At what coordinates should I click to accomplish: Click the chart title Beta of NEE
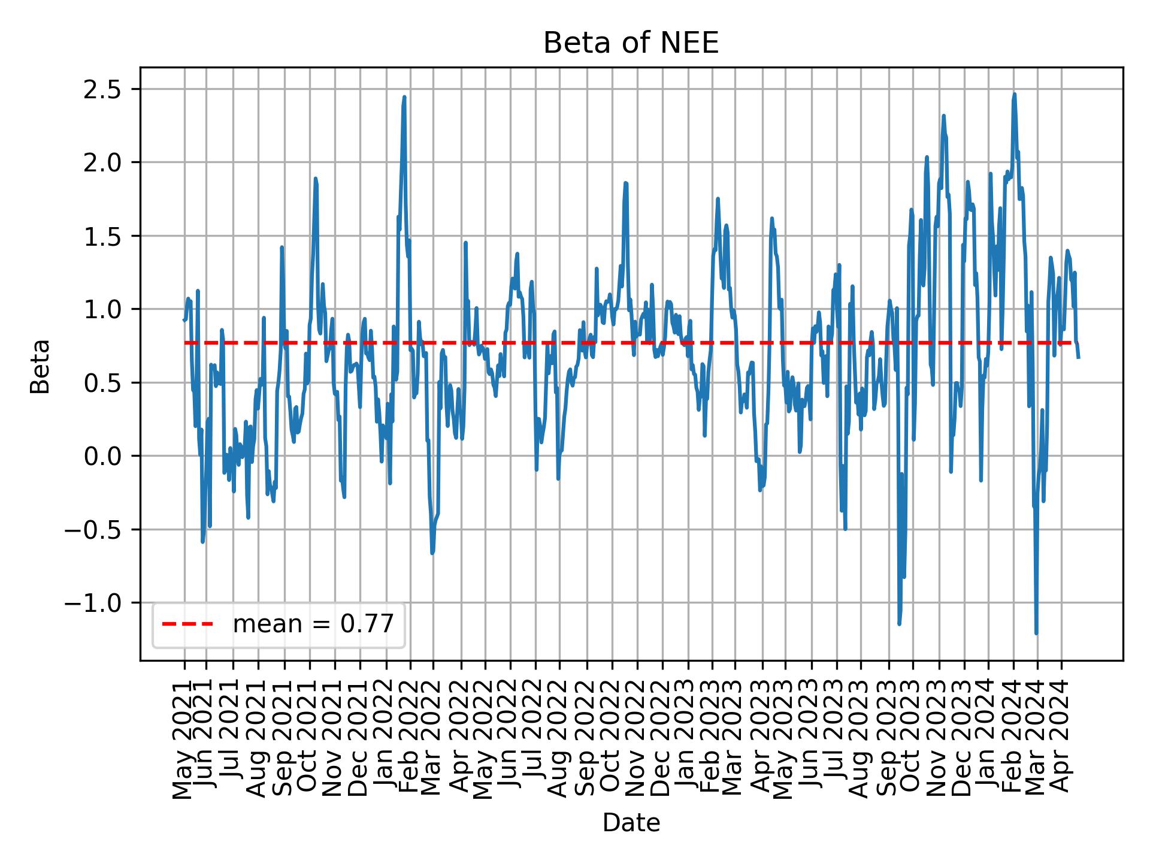(631, 43)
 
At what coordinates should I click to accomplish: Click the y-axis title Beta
(40, 366)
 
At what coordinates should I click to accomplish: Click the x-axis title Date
(631, 823)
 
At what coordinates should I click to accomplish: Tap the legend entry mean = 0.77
(313, 624)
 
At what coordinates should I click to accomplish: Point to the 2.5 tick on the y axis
(102, 89)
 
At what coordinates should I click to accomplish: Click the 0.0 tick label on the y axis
(102, 456)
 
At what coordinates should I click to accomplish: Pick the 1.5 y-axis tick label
(102, 236)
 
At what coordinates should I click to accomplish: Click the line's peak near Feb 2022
(404, 97)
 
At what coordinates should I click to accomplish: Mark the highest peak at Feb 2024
(1014, 94)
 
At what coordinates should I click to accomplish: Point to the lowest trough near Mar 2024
(1036, 633)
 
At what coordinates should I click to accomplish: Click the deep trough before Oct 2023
(899, 624)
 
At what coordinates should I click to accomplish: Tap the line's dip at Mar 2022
(432, 553)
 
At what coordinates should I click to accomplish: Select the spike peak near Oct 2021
(315, 178)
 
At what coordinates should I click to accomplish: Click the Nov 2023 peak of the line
(943, 116)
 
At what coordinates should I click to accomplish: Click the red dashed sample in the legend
(187, 624)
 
